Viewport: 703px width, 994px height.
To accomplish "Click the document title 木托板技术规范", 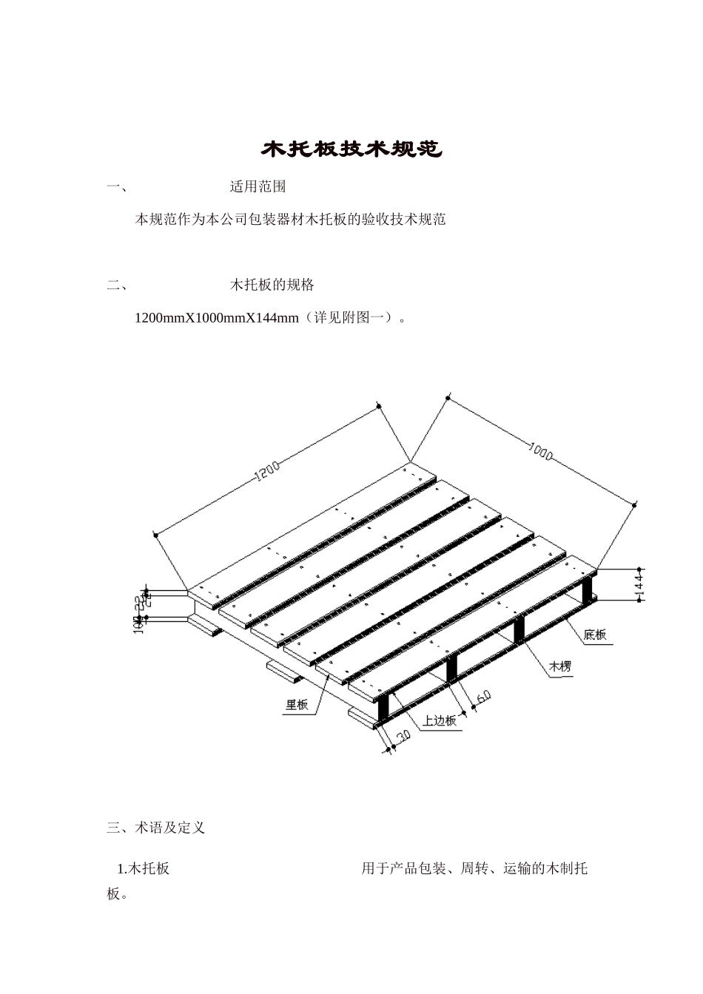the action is point(351,150).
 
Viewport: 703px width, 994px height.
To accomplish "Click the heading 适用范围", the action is point(258,187).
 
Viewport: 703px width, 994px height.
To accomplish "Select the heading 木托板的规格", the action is point(272,285).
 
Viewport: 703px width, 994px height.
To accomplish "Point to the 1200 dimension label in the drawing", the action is point(267,471).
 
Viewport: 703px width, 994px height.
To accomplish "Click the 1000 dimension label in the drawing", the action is point(541,451).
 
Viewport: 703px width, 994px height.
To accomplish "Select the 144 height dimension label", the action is point(639,584).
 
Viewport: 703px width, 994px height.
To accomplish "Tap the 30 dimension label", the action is point(403,736).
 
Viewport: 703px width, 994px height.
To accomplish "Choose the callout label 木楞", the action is point(559,667).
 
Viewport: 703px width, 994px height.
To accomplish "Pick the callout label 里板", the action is point(297,705).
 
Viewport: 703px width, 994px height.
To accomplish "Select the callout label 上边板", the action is point(440,721).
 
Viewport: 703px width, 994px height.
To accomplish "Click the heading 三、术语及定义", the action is point(155,828).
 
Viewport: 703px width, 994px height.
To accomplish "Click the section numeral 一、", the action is point(116,187).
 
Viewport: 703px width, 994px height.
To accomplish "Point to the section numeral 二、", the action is point(116,285).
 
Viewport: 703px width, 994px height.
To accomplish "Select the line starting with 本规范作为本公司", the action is point(290,220).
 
